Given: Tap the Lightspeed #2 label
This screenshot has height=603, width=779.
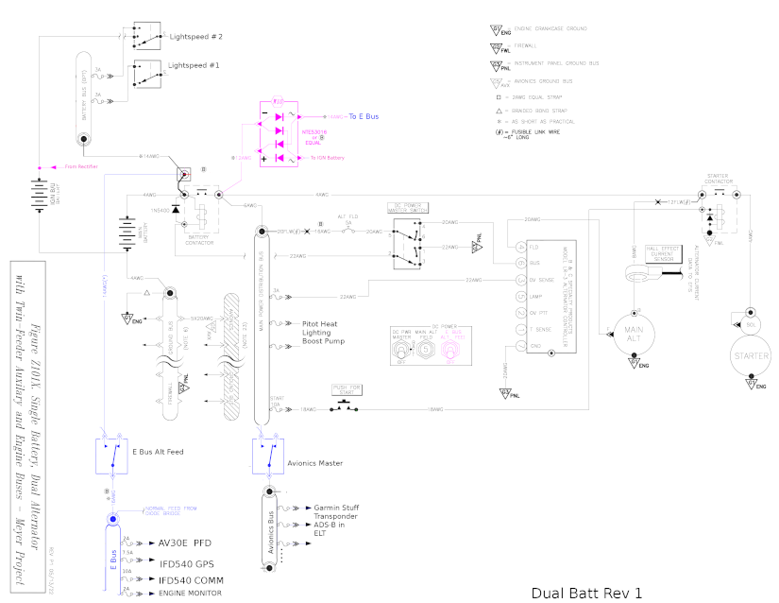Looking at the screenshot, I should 195,36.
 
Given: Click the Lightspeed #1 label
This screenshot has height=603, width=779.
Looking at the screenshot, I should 194,65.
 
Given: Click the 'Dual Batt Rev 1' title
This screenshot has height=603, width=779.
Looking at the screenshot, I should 586,593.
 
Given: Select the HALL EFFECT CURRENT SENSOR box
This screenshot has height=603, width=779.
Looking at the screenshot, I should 663,255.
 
